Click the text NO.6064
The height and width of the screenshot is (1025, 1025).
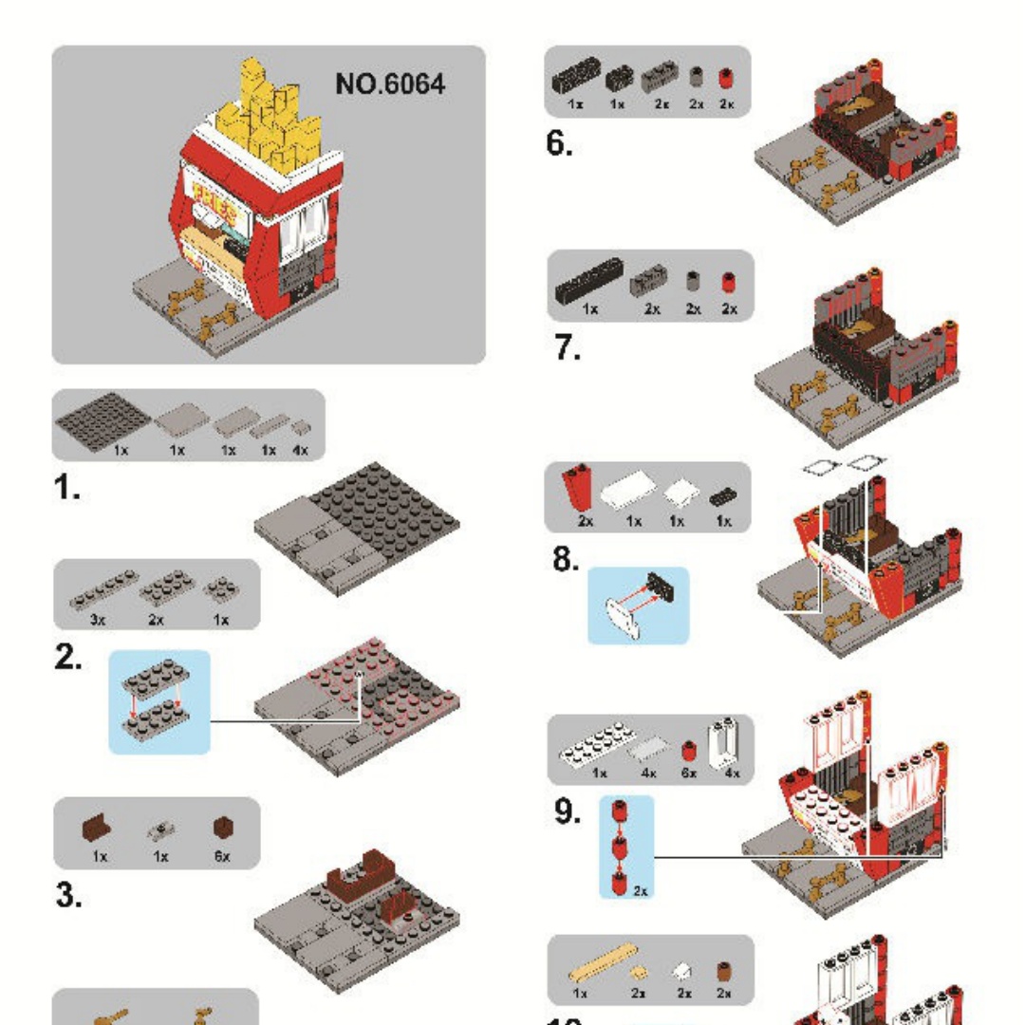389,84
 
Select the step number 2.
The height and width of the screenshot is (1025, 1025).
66,657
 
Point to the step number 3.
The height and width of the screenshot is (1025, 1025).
67,895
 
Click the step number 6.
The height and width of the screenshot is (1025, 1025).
559,144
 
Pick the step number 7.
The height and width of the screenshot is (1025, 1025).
568,349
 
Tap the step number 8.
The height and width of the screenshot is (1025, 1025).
566,561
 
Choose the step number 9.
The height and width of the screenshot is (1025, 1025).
568,812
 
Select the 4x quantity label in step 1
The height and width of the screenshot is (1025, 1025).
301,451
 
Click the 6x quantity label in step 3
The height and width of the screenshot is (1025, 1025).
221,856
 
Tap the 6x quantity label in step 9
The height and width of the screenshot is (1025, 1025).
688,773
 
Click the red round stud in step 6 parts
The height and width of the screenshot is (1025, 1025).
728,79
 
